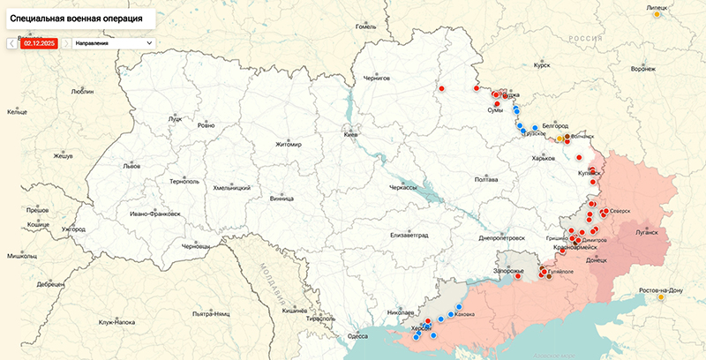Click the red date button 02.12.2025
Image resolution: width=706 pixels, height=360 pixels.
(x=40, y=41)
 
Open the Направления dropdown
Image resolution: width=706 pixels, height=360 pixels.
(x=114, y=41)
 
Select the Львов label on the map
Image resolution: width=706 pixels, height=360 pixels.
(x=131, y=165)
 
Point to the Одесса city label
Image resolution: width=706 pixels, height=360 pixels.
(x=357, y=336)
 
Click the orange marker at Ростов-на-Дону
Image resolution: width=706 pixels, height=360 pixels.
(x=661, y=297)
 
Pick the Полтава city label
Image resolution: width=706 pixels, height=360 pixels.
(x=486, y=179)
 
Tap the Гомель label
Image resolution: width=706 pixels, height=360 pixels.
(x=365, y=26)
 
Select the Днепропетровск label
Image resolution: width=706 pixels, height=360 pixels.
(x=502, y=237)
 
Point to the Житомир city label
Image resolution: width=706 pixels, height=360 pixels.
(x=289, y=144)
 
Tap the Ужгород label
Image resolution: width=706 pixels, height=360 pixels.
(x=73, y=229)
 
